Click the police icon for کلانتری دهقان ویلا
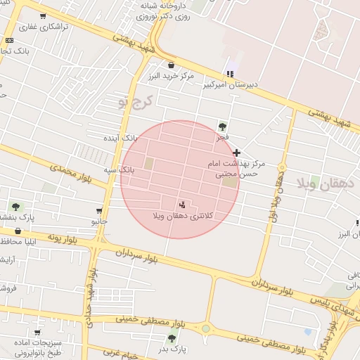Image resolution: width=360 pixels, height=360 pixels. pos(183,205)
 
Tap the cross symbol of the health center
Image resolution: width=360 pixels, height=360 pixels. pos(236,153)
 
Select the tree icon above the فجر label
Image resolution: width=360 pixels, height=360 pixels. pos(222,127)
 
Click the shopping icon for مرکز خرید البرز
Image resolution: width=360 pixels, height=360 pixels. pos(171,65)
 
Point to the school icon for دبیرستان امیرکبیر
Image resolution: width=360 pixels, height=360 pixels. pos(229,74)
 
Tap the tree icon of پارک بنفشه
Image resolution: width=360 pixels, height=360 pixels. pos(15,207)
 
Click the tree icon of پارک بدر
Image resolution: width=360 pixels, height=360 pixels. pos(172,338)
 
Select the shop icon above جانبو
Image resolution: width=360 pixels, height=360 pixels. pos(98,211)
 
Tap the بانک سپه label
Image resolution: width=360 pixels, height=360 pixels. pos(118,170)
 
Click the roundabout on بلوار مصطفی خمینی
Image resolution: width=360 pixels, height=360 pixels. pos(205,328)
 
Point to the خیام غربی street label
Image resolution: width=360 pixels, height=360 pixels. pos(111,353)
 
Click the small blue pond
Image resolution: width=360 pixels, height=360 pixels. pos(308,331)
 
